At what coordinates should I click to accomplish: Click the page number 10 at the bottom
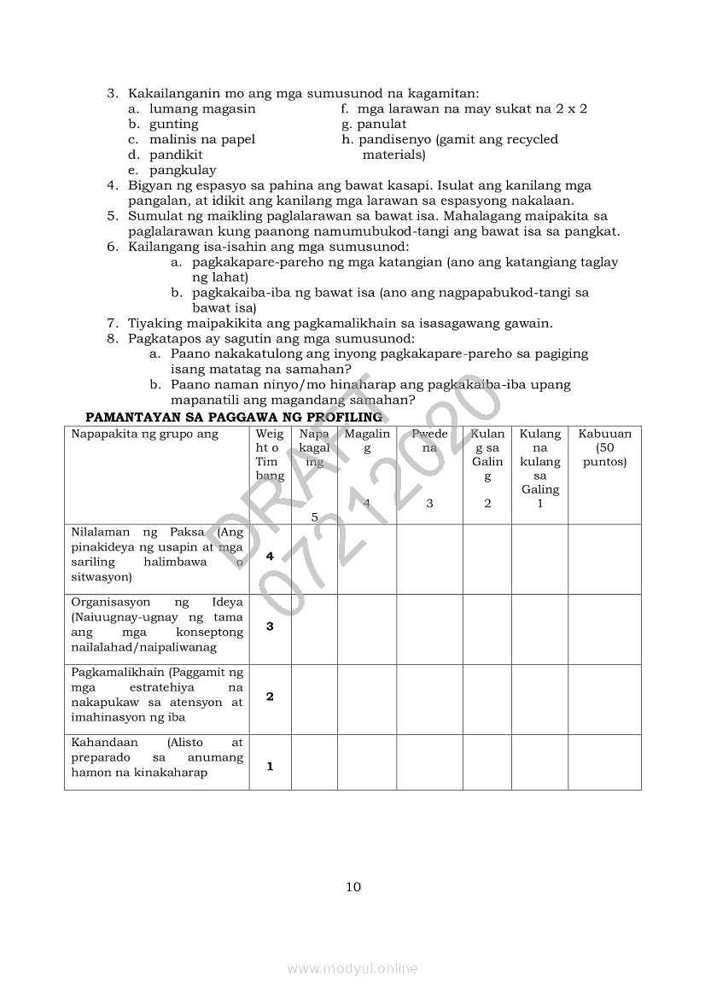point(353,887)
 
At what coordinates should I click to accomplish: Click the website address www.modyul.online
point(352,968)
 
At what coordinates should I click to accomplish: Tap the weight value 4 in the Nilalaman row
point(270,556)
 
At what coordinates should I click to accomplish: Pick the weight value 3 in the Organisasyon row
point(270,626)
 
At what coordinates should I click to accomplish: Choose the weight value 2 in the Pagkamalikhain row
point(270,697)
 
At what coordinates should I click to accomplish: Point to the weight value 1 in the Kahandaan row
point(270,766)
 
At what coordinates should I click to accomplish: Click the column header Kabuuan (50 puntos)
point(604,447)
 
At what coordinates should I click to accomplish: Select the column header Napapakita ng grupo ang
point(145,434)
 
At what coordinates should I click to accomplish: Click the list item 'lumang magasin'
point(202,108)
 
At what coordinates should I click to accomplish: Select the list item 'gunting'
point(174,124)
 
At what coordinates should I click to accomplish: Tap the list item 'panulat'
point(382,124)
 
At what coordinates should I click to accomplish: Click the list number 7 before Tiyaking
point(112,323)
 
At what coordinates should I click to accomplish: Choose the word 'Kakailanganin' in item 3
point(170,93)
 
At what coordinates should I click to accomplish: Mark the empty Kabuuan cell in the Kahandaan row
point(604,762)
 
